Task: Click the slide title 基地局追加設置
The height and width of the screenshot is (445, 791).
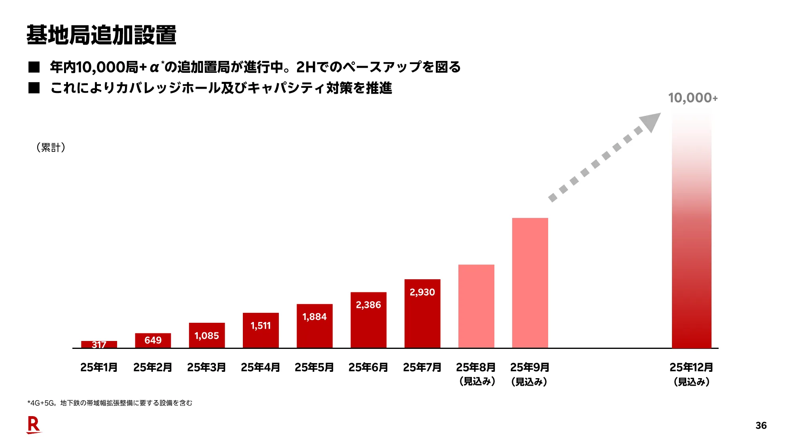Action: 101,35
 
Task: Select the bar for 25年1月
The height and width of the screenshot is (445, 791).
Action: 99,344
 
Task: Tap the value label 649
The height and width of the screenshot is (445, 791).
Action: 153,340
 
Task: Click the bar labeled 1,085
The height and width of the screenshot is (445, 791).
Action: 206,335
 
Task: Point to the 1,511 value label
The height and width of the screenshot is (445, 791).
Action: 261,326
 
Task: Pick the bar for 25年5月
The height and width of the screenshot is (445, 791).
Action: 314,326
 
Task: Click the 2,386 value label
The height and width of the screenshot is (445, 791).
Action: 368,305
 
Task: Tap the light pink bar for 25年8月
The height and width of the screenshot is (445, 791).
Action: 476,307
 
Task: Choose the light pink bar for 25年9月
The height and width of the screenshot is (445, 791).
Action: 530,283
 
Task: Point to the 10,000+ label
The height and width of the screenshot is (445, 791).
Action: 693,98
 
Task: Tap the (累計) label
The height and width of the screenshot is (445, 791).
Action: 51,148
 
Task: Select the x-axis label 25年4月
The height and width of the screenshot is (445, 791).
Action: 260,367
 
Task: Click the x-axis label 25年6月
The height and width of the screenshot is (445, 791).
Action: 368,367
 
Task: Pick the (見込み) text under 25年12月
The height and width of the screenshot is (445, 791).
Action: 691,382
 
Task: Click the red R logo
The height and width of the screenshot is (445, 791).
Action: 34,425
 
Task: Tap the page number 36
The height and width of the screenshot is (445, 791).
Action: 761,426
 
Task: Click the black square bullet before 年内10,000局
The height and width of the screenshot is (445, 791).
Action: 34,67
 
